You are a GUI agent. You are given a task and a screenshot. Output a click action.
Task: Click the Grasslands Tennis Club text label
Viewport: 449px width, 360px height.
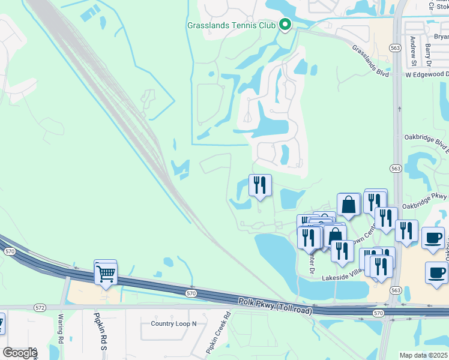point(231,25)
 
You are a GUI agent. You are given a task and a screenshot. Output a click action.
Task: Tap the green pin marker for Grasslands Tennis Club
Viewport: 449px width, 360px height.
point(286,25)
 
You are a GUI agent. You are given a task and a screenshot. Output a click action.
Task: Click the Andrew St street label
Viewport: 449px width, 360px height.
point(414,50)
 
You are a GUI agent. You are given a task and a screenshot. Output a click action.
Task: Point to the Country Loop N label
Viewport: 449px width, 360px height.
point(173,323)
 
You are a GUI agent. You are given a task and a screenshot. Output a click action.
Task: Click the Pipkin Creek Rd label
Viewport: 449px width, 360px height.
point(218,331)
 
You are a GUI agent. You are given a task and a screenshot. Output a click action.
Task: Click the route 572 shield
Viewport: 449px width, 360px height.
point(40,307)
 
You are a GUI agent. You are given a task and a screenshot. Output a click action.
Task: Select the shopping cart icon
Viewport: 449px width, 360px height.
point(106,274)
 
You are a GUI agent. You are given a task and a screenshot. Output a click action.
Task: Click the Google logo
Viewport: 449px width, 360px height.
point(19,352)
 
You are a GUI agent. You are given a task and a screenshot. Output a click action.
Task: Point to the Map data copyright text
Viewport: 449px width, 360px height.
point(424,355)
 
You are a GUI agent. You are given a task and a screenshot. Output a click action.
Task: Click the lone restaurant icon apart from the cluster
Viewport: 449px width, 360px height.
point(260,186)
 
